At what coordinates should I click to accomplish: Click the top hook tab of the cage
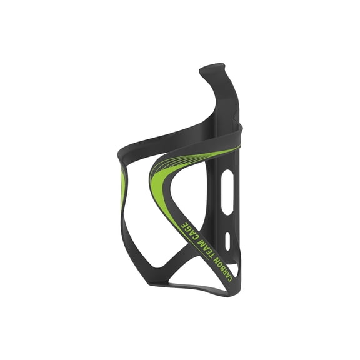pos(214,67)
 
